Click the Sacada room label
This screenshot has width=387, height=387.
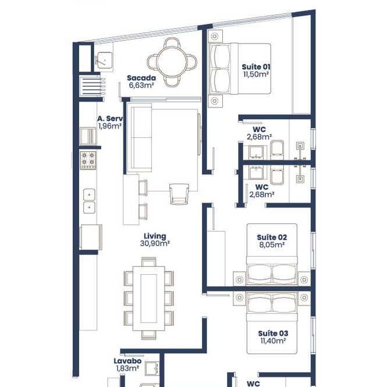(x=141, y=78)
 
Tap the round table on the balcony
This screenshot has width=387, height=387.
(x=172, y=62)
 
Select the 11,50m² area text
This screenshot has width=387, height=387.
(x=256, y=74)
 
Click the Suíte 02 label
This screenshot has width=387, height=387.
(x=272, y=237)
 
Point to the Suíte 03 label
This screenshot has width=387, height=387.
(x=273, y=333)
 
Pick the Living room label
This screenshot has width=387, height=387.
(x=155, y=236)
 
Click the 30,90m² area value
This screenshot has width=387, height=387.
(x=155, y=244)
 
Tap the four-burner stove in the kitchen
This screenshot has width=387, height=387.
(x=88, y=161)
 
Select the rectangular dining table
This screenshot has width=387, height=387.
(x=149, y=299)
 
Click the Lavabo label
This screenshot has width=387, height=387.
(x=127, y=361)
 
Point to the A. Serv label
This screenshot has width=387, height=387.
(x=111, y=119)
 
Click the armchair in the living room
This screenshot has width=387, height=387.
(x=179, y=194)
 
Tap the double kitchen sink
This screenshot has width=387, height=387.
(x=89, y=201)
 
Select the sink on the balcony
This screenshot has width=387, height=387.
(x=105, y=60)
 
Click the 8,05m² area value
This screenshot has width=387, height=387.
(x=272, y=245)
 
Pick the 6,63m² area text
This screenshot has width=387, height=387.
(x=141, y=86)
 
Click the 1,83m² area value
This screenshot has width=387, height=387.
(x=127, y=368)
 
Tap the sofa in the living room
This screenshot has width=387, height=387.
(x=139, y=138)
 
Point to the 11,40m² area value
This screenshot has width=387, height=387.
(x=273, y=341)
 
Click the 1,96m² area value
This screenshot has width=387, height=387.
(x=110, y=126)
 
